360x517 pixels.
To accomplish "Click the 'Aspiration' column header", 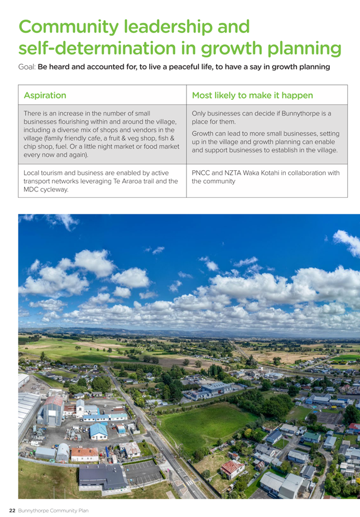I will tap(45, 95).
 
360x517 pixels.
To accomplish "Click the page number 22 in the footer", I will tap(11, 510).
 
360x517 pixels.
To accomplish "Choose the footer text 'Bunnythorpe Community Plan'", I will tap(53, 510).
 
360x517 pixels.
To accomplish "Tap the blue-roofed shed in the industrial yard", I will tap(98, 430).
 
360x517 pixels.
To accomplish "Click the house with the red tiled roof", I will tap(232, 468).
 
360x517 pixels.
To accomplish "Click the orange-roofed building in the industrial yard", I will tap(84, 453).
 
